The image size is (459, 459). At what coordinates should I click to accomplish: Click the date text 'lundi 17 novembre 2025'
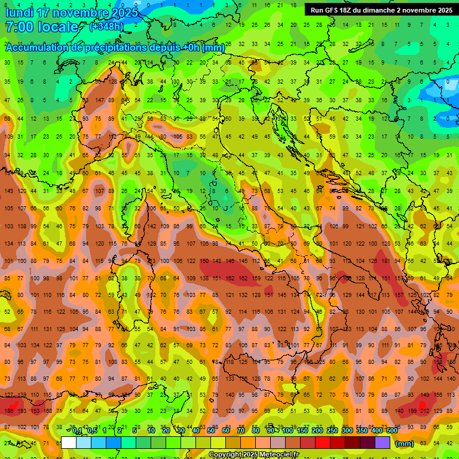[x=72, y=13]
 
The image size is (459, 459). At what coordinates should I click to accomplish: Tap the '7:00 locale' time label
[x=42, y=27]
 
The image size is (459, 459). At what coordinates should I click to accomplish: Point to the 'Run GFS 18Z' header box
[x=381, y=10]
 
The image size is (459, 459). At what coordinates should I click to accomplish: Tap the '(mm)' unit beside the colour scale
[x=405, y=443]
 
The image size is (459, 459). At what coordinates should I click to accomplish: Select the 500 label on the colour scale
[x=391, y=431]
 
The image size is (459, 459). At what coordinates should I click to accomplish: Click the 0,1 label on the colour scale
[x=77, y=431]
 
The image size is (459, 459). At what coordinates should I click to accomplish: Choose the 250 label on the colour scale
[x=332, y=431]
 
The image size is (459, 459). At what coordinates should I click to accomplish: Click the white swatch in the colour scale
[x=69, y=443]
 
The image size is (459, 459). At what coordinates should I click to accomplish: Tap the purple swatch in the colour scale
[x=382, y=443]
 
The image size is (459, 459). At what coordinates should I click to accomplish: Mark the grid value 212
[x=425, y=411]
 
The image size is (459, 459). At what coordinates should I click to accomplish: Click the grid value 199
[x=412, y=411]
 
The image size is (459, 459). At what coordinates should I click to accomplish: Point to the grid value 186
[x=8, y=411]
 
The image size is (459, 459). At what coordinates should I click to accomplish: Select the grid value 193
[x=22, y=411]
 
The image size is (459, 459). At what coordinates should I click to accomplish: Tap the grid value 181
[x=386, y=261]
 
